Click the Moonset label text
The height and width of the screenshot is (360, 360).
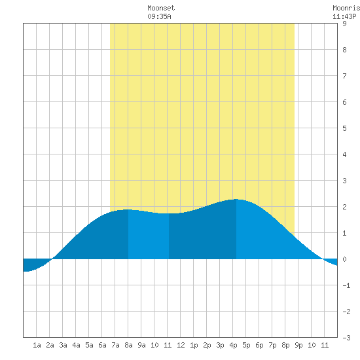pos(161,8)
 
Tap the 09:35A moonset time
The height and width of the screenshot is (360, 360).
pos(159,16)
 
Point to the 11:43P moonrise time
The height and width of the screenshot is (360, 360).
pos(344,16)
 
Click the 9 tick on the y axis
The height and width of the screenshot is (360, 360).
pos(344,24)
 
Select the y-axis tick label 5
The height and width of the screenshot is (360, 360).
pos(344,128)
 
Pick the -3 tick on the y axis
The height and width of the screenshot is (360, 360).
pos(346,338)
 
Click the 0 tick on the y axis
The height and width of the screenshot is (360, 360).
pos(344,259)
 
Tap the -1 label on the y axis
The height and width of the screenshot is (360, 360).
pos(346,285)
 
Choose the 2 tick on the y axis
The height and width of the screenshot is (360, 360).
pos(344,207)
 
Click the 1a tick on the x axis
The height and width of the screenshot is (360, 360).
pos(37,345)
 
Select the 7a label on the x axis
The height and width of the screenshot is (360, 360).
pos(115,345)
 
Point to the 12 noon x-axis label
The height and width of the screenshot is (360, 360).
pos(181,345)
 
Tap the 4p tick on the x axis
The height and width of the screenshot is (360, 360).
pos(233,345)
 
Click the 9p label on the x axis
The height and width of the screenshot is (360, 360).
pos(298,345)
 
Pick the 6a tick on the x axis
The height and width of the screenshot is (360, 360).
pos(102,345)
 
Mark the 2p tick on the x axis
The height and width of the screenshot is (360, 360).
pos(207,345)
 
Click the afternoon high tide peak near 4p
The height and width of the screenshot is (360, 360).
pos(236,199)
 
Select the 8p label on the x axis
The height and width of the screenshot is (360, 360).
pos(285,345)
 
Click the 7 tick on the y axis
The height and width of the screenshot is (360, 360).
pos(344,76)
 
